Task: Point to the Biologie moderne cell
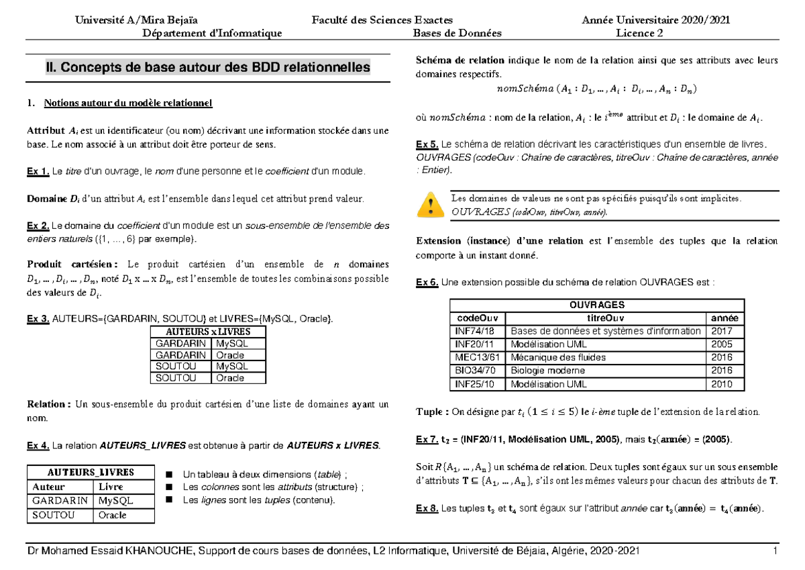548,371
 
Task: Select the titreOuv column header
606,318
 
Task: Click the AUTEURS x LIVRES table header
208,332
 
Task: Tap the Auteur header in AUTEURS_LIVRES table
49,487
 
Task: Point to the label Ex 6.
427,283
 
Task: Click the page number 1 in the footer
774,551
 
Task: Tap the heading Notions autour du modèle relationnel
127,103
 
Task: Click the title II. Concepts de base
207,68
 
